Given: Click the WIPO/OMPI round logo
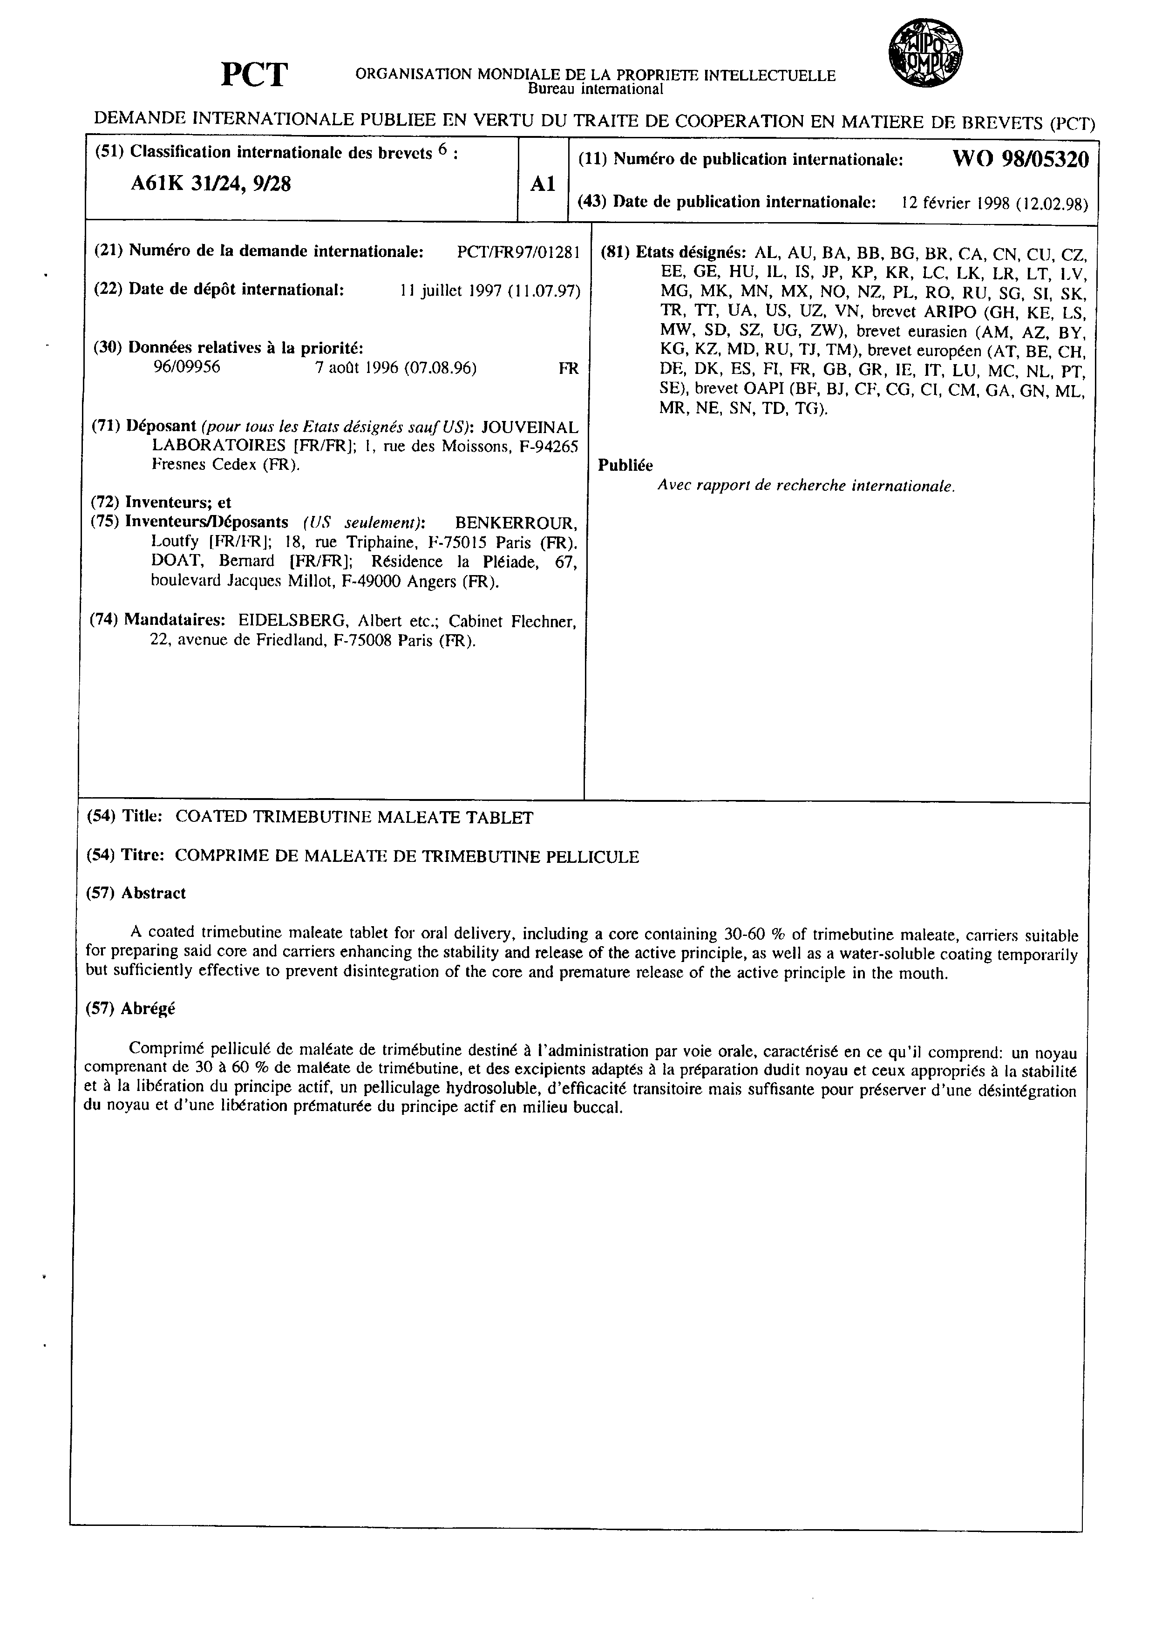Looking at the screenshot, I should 925,54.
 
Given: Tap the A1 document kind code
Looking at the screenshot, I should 542,184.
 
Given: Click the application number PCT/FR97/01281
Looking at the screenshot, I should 518,252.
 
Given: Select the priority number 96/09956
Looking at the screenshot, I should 187,368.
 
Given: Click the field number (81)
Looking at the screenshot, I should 614,252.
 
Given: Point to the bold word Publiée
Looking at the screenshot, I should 625,465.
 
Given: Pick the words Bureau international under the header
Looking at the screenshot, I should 595,89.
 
